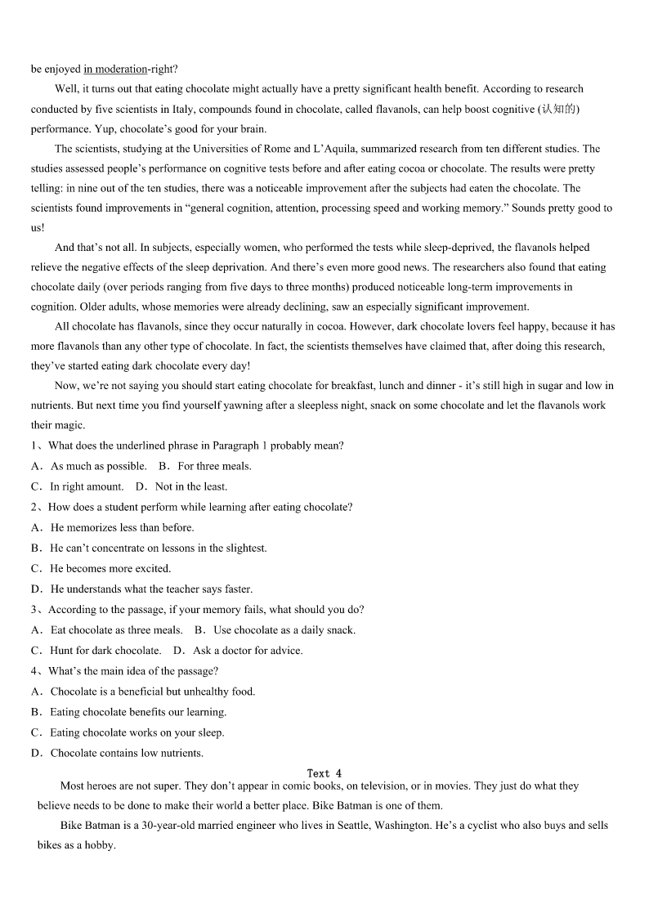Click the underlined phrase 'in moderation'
point(115,69)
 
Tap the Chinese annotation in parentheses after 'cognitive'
point(559,110)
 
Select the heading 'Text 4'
point(324,773)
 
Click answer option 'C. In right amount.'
point(78,486)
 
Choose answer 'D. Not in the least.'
point(181,486)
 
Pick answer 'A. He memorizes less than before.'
point(113,527)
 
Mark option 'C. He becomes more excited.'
point(101,568)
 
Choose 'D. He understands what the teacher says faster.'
point(142,589)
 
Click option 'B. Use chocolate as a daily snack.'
point(275,630)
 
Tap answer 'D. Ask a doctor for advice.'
point(238,651)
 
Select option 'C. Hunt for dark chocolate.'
point(96,651)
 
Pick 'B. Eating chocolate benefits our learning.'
point(129,712)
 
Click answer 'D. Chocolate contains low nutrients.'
point(118,753)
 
